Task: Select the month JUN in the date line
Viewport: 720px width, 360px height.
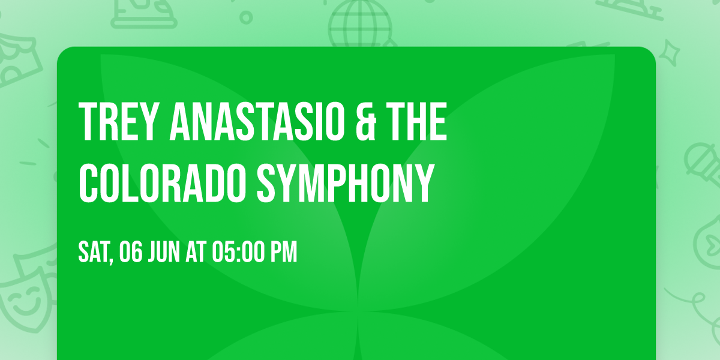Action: click(164, 253)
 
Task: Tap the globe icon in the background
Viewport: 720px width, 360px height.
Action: click(359, 24)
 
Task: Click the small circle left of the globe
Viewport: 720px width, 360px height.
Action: click(247, 16)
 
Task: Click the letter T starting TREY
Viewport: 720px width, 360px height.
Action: click(89, 122)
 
